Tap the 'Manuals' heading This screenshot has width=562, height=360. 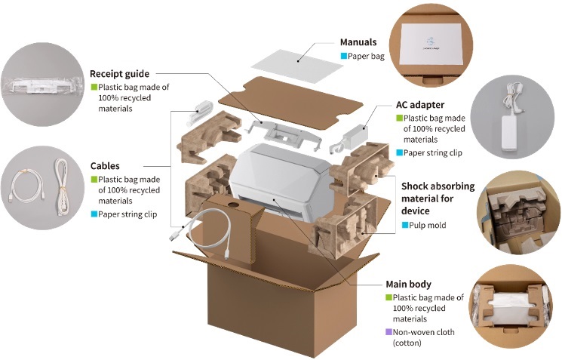pyautogui.click(x=358, y=42)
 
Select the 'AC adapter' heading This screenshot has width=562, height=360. pyautogui.click(x=419, y=104)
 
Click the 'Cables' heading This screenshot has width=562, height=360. pyautogui.click(x=105, y=165)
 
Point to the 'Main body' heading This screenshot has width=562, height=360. pyautogui.click(x=408, y=285)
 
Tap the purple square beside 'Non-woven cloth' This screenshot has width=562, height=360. pyautogui.click(x=389, y=332)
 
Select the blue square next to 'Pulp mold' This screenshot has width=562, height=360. pyautogui.click(x=405, y=225)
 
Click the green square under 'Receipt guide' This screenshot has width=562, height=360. pyautogui.click(x=94, y=87)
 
